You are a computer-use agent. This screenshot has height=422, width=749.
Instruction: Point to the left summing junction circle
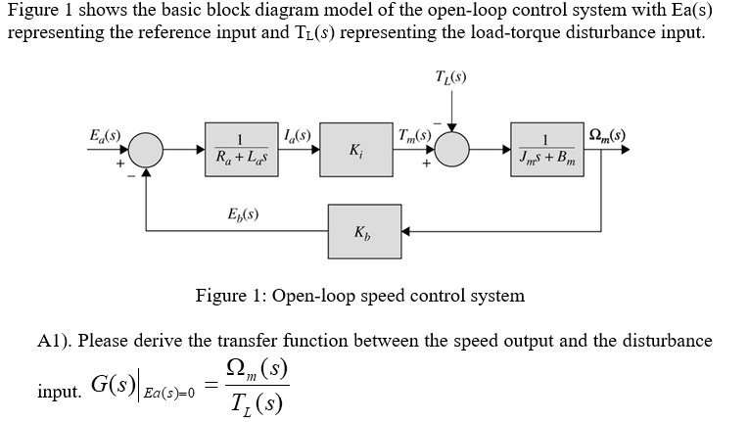[147, 150]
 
